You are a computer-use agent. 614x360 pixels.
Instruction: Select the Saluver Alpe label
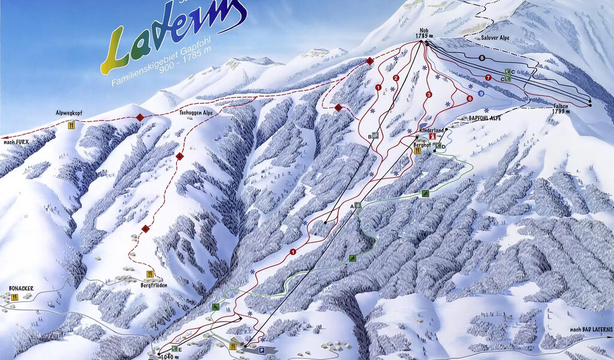(x=495, y=37)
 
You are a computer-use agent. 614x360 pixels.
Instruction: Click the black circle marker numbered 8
(x=481, y=58)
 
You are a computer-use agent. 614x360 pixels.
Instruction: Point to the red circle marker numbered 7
(x=488, y=77)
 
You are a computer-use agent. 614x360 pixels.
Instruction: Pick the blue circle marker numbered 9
(x=481, y=93)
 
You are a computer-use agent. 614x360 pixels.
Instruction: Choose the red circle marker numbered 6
(x=470, y=98)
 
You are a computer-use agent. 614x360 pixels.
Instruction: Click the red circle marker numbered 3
(x=429, y=95)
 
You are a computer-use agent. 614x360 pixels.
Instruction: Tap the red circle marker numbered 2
(x=396, y=78)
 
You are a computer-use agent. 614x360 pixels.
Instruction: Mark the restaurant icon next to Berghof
(x=417, y=151)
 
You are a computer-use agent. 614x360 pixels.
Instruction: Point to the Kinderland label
(x=432, y=130)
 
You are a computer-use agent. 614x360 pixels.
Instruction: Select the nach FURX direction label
(x=16, y=142)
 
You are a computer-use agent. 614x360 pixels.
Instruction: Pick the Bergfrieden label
(x=155, y=286)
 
